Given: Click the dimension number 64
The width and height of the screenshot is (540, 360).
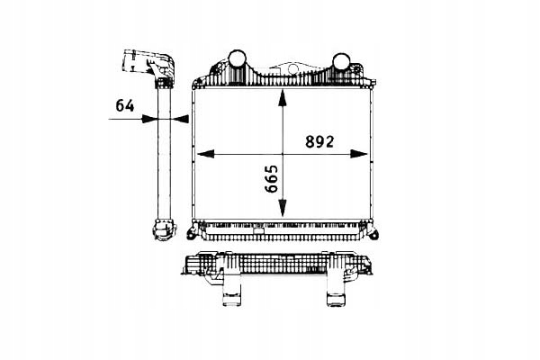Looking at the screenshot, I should pyautogui.click(x=124, y=104).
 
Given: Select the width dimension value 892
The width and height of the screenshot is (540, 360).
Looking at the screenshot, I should pyautogui.click(x=319, y=141).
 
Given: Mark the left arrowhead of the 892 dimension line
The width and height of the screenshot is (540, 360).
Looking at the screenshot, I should pyautogui.click(x=202, y=153).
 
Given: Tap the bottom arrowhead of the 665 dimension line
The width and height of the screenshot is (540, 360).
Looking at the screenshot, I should pyautogui.click(x=284, y=213).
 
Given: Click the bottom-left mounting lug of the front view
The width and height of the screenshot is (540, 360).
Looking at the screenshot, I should pyautogui.click(x=193, y=234).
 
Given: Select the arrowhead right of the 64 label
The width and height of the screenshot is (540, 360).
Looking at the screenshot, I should pyautogui.click(x=151, y=117).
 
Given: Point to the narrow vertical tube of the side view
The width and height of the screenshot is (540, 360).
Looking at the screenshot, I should pyautogui.click(x=165, y=153).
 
